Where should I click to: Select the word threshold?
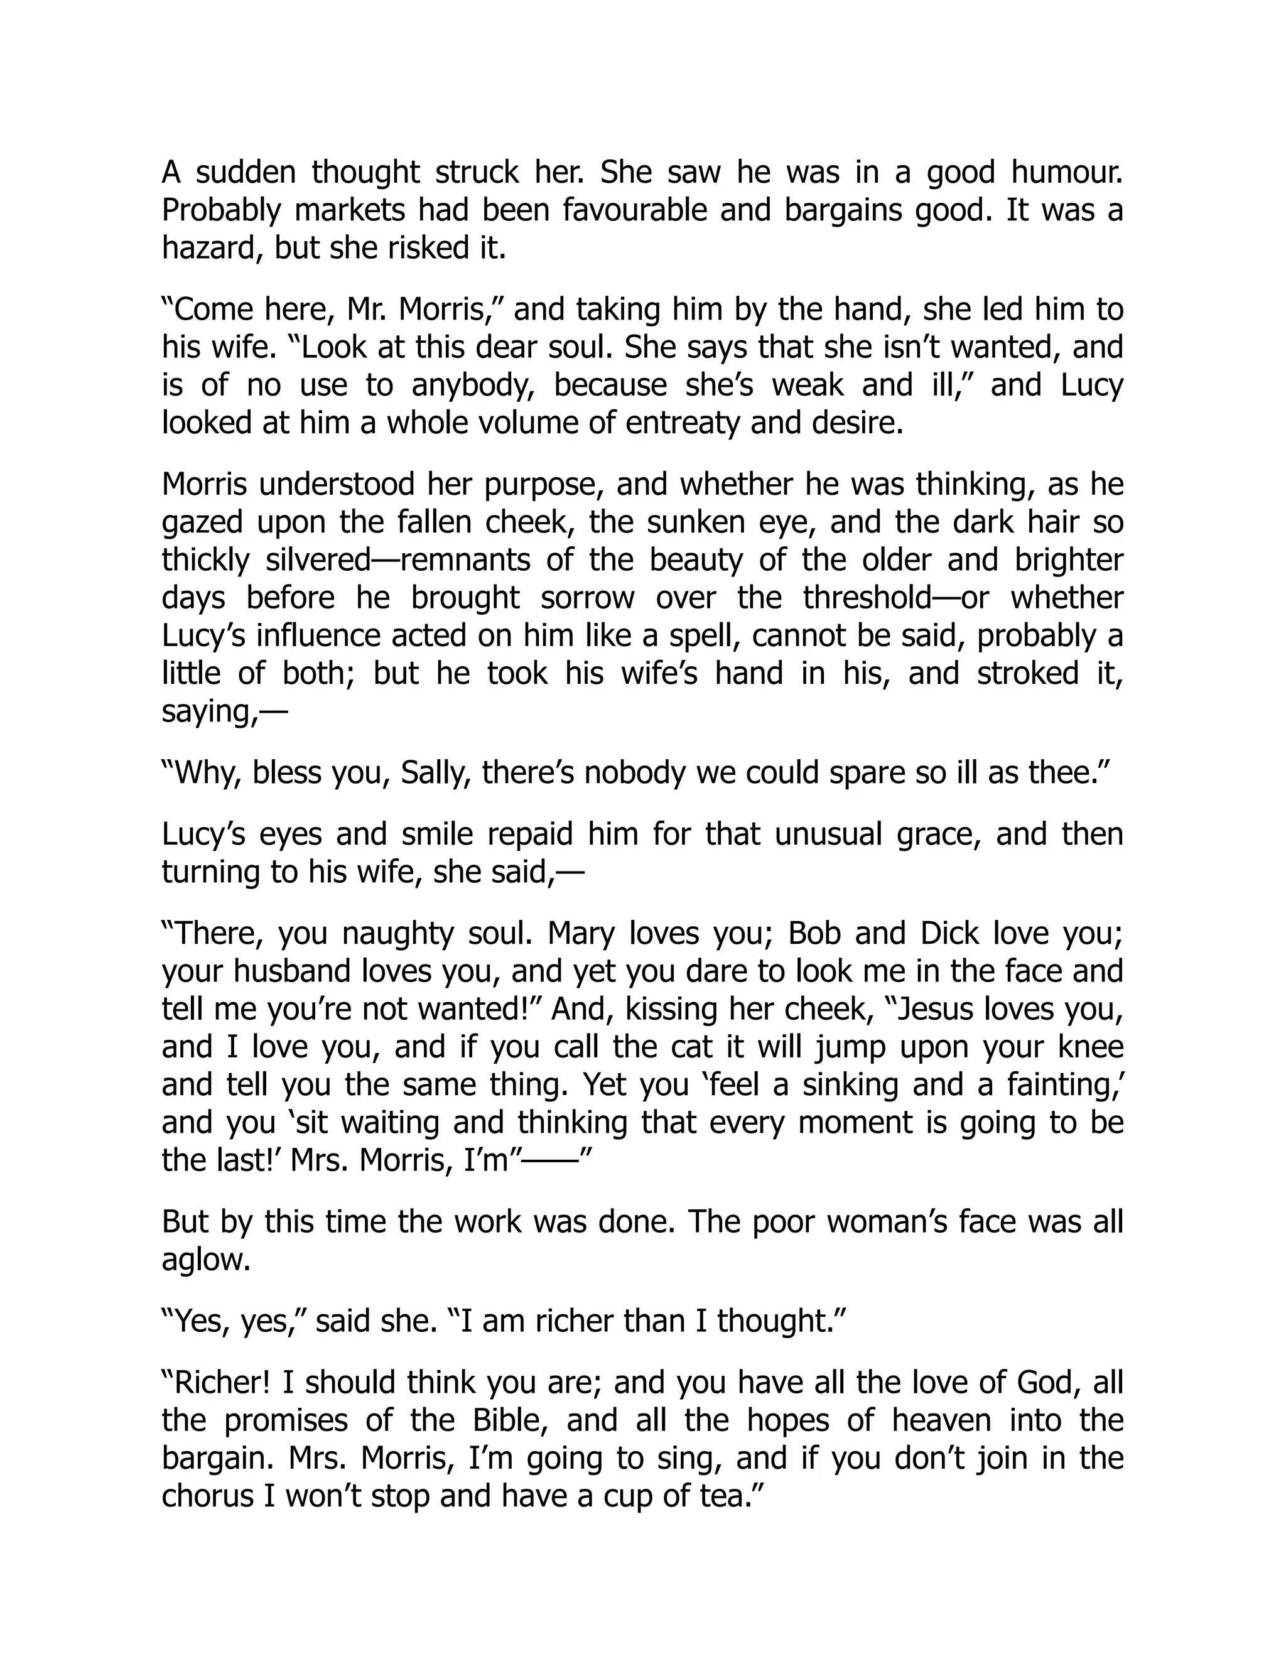click(866, 597)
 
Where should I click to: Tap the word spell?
click(697, 635)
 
